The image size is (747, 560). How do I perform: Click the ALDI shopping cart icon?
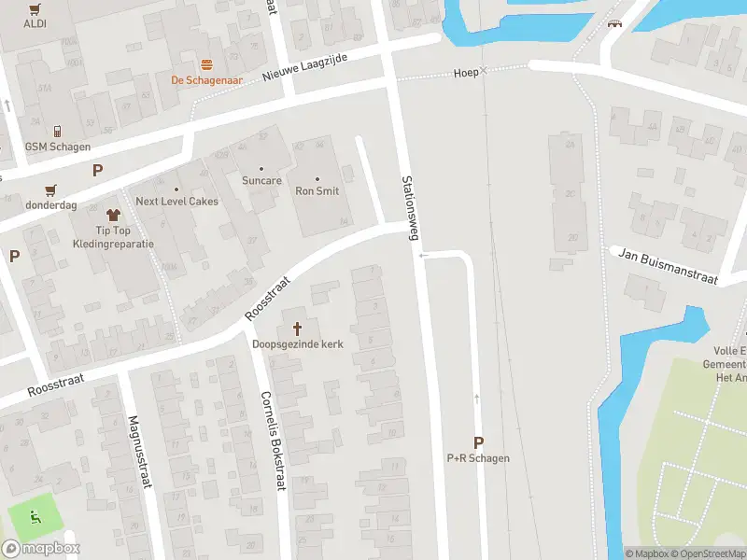pyautogui.click(x=35, y=9)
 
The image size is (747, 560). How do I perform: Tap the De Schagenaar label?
pyautogui.click(x=206, y=80)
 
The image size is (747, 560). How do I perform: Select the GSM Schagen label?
pyautogui.click(x=58, y=147)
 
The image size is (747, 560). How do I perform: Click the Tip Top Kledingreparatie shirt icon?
pyautogui.click(x=114, y=215)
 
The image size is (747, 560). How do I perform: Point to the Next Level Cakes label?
pyautogui.click(x=176, y=202)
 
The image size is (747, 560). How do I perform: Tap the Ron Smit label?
pyautogui.click(x=317, y=191)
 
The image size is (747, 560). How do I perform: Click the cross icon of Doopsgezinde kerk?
pyautogui.click(x=298, y=329)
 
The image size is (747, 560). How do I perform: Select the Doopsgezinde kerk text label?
pyautogui.click(x=298, y=344)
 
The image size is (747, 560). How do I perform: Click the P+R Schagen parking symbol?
pyautogui.click(x=478, y=442)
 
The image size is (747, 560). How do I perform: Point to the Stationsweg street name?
pyautogui.click(x=408, y=207)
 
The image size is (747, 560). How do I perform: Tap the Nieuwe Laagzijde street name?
pyautogui.click(x=304, y=66)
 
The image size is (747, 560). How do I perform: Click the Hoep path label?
pyautogui.click(x=466, y=73)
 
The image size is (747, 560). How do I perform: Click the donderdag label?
pyautogui.click(x=50, y=203)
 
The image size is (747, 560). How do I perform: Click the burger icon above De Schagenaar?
pyautogui.click(x=206, y=64)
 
